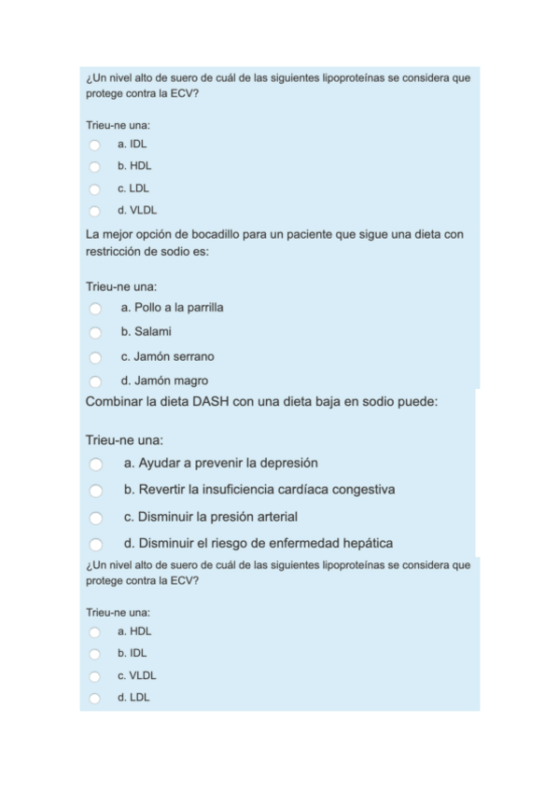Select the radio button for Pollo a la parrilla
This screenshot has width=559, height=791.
95,308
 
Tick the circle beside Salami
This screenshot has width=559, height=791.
95,332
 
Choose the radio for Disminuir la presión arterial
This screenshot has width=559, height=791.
95,517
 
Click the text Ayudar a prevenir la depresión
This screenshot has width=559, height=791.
220,463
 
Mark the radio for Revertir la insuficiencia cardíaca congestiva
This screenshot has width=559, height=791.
95,490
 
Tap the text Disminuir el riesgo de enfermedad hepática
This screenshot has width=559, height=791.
258,543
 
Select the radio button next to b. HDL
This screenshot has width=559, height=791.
94,167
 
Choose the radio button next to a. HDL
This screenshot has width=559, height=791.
94,631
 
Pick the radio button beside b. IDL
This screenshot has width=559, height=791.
94,654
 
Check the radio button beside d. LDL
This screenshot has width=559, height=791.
94,698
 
